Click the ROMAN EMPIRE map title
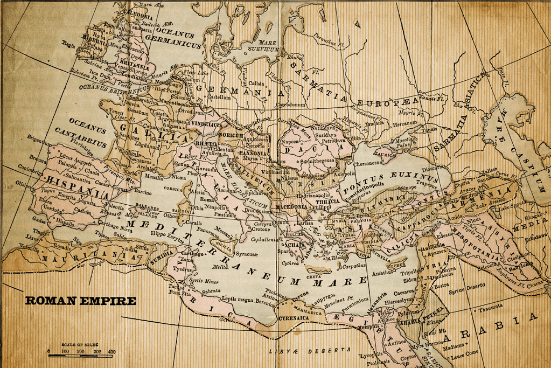pyautogui.click(x=80, y=301)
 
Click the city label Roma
pyautogui.click(x=207, y=199)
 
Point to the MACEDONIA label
pyautogui.click(x=291, y=206)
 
